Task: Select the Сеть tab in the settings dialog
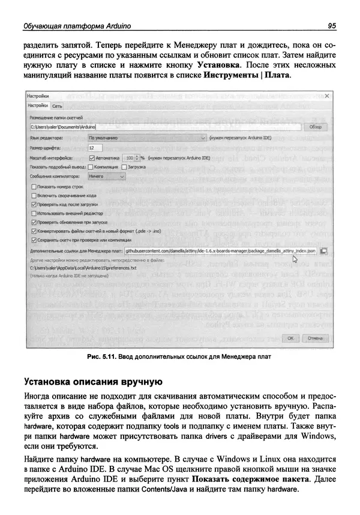tap(57, 106)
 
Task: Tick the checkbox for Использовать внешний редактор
tap(33, 212)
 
